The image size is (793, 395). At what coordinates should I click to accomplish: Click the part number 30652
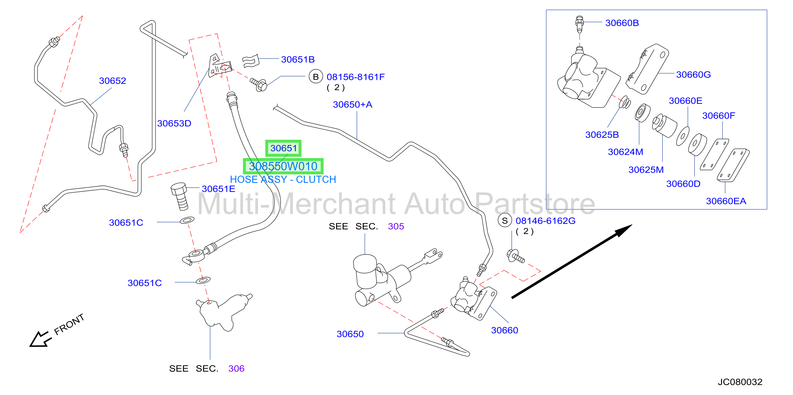point(112,81)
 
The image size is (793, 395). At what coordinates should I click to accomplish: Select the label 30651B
point(298,59)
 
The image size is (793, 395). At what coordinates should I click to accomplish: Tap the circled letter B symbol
point(316,77)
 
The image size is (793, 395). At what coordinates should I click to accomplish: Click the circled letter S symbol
point(505,220)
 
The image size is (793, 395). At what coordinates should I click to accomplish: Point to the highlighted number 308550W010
point(283,166)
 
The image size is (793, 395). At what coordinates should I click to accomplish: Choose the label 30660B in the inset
point(622,23)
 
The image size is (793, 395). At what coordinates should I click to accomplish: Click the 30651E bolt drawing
point(179,196)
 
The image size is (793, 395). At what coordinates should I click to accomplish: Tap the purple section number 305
point(396,226)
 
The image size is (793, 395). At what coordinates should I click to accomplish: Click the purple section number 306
point(236,369)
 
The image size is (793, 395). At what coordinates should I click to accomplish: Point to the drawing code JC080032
point(740,382)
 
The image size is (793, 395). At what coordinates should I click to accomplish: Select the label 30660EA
point(726,201)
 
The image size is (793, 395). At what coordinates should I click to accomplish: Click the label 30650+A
point(353,105)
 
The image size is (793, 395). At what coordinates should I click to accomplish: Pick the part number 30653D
point(174,124)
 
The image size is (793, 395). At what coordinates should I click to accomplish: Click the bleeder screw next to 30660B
point(579,24)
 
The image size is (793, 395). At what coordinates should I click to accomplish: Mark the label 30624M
point(626,152)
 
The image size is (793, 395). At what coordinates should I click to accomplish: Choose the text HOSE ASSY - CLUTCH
point(283,179)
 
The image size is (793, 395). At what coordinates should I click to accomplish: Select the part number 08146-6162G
point(546,221)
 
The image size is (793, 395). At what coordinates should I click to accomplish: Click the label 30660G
point(693,75)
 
